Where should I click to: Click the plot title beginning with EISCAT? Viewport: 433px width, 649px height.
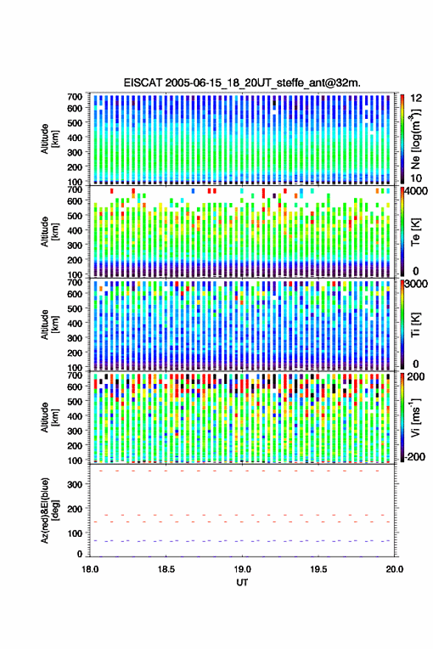click(242, 83)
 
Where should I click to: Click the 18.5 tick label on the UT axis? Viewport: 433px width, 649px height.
click(166, 569)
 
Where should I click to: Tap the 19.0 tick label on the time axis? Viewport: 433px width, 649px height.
click(242, 569)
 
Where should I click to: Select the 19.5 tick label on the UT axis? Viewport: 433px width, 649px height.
click(319, 569)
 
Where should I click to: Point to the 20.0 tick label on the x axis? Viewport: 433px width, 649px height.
click(395, 569)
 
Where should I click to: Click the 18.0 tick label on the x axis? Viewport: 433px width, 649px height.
click(90, 569)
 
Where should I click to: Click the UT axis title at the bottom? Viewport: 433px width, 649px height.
click(242, 583)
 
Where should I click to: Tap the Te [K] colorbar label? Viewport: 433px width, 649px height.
click(415, 232)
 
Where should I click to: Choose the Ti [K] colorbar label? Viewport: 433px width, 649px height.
click(415, 325)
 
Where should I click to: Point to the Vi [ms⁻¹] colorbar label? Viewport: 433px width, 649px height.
click(415, 418)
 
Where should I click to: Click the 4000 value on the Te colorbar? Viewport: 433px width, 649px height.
click(416, 191)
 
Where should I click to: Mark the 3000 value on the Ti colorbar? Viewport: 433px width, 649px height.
click(416, 284)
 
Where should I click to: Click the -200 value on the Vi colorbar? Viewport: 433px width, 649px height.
click(415, 456)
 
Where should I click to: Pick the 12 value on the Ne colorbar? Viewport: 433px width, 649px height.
click(416, 98)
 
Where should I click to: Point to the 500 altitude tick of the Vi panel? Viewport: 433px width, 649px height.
click(75, 401)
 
